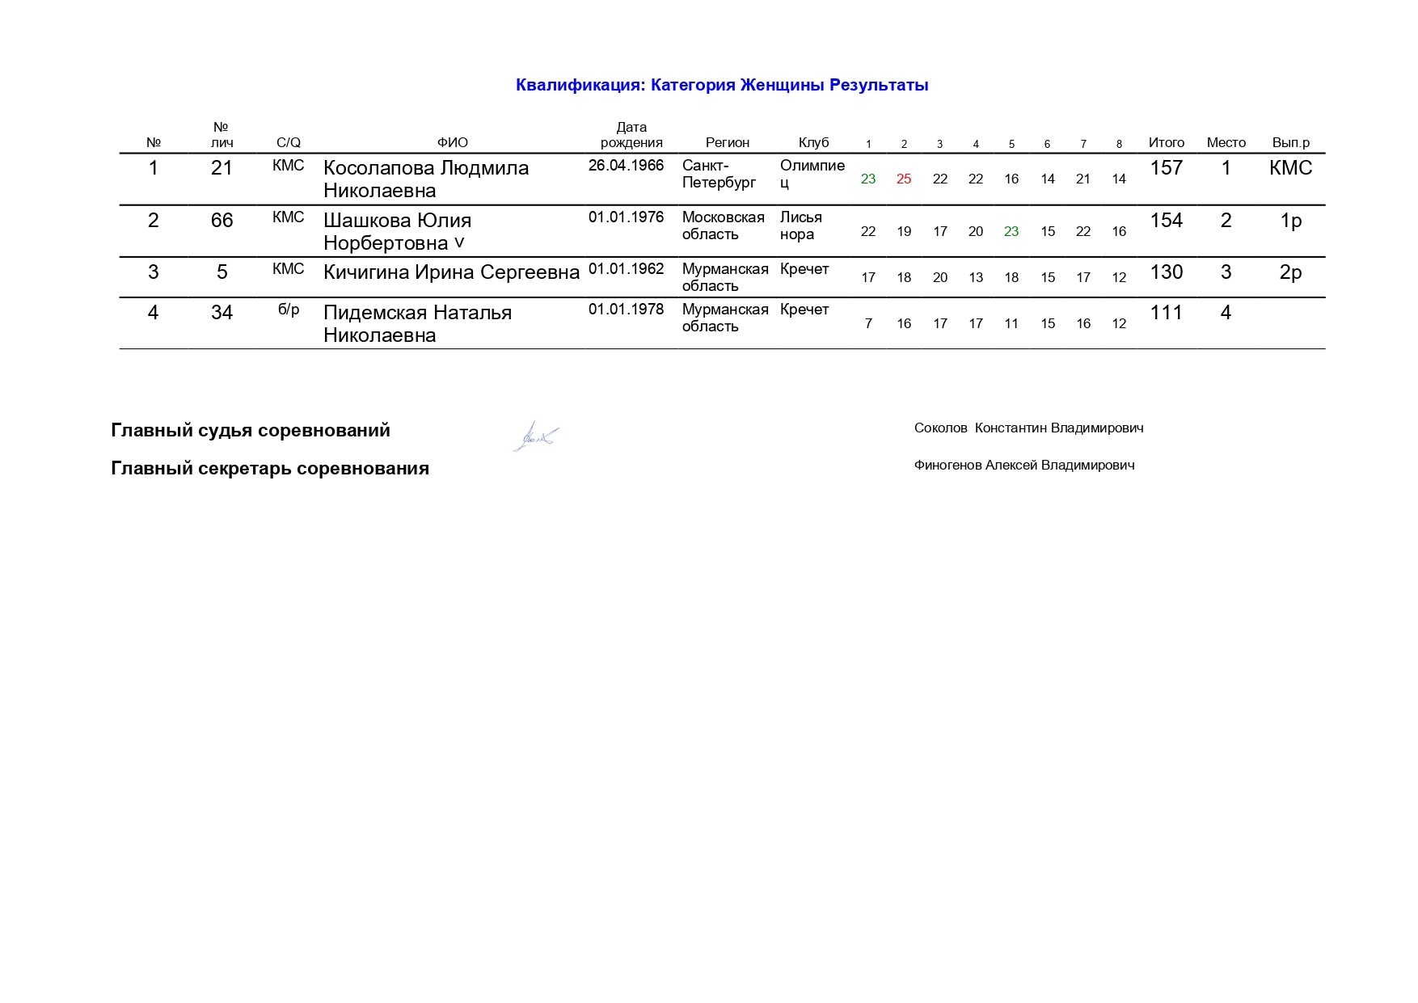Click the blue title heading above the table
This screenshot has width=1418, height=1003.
tap(721, 86)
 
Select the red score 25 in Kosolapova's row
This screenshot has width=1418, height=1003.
tap(904, 179)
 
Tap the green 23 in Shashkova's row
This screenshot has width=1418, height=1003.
tap(1011, 231)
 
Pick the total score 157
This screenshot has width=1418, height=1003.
tap(1166, 168)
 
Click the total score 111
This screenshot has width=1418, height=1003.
tap(1166, 313)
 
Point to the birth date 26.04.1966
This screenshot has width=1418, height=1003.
tap(626, 166)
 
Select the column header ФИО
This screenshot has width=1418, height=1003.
tap(452, 143)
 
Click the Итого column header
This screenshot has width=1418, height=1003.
tap(1166, 143)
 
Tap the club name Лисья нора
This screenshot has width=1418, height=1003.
tap(800, 225)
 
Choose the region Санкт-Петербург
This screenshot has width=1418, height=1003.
tap(719, 174)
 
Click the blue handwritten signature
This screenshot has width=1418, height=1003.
tap(535, 436)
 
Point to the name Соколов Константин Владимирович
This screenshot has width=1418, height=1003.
tap(1028, 428)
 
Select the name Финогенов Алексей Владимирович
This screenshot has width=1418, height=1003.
tap(1023, 466)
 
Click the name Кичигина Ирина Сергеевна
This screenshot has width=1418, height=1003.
tap(451, 272)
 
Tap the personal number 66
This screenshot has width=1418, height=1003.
tap(222, 221)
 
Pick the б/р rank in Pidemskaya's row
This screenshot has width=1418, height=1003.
tap(289, 310)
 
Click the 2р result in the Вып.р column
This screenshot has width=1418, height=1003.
tap(1290, 272)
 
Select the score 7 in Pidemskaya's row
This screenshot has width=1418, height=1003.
tap(868, 323)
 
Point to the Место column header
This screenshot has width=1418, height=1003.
tap(1226, 143)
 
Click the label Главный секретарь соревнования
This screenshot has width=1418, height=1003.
tap(270, 469)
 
